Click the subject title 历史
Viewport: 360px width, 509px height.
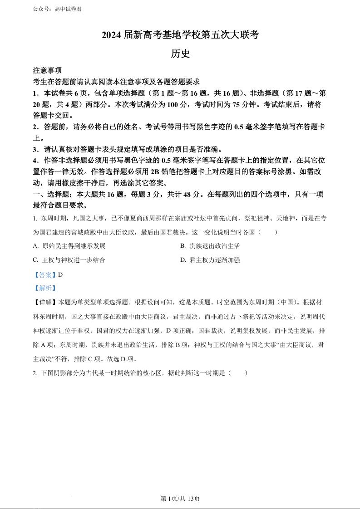click(x=180, y=54)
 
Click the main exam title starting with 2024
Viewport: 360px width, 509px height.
click(x=180, y=35)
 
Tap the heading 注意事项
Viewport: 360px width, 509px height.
click(x=47, y=71)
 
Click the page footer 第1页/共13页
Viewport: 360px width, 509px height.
click(x=180, y=499)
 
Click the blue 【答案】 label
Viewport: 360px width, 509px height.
click(x=45, y=274)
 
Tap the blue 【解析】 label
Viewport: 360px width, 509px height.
click(x=45, y=288)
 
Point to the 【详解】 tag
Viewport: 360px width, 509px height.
click(x=45, y=302)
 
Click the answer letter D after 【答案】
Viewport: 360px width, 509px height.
click(x=60, y=274)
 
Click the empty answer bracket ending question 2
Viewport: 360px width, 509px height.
click(x=239, y=373)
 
